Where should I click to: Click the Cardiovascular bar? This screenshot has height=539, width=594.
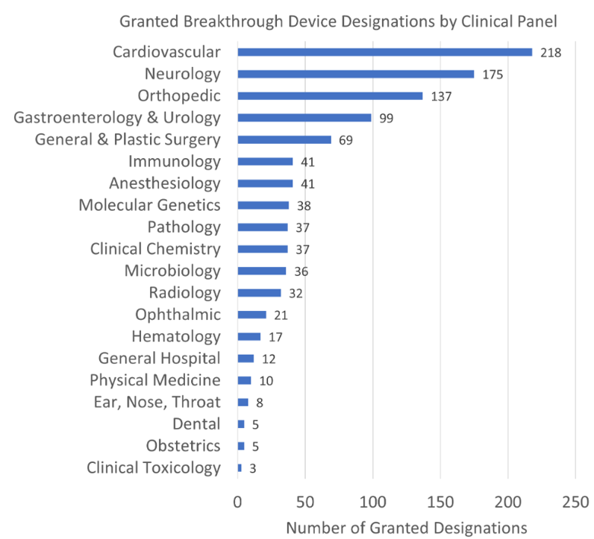[x=385, y=52]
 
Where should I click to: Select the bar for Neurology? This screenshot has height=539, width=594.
[x=356, y=74]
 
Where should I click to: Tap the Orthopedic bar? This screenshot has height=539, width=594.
[x=330, y=96]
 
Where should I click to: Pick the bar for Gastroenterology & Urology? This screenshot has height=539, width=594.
[x=304, y=118]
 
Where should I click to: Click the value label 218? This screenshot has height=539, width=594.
[x=551, y=53]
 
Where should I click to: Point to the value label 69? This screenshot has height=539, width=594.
[x=345, y=140]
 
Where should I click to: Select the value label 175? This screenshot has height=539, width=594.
[x=493, y=75]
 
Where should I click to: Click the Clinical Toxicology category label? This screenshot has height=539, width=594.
[x=154, y=468]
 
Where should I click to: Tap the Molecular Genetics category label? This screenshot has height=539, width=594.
[x=149, y=205]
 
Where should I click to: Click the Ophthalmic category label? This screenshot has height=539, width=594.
[x=178, y=315]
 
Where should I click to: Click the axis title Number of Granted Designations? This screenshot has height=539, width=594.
[x=407, y=527]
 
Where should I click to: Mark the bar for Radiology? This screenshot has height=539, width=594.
[x=259, y=293]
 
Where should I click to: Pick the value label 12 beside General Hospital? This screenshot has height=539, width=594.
[x=268, y=359]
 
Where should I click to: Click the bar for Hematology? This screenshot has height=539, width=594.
[x=249, y=337]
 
